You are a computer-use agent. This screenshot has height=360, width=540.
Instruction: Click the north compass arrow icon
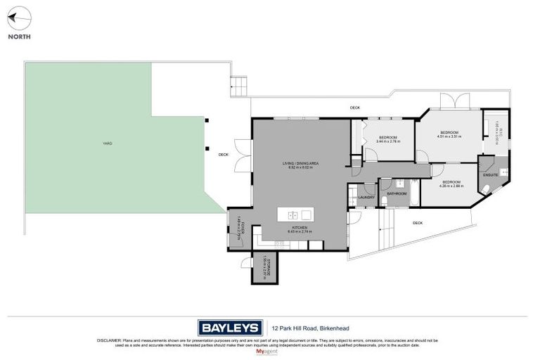(x=19, y=17)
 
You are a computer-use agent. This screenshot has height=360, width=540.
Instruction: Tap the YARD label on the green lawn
(x=107, y=143)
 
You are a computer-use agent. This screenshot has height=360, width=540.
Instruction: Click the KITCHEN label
(x=300, y=228)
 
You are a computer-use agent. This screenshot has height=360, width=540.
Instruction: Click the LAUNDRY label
(x=366, y=198)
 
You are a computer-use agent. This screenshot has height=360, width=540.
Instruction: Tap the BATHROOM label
(x=397, y=193)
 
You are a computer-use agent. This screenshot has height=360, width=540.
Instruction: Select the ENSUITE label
(x=490, y=174)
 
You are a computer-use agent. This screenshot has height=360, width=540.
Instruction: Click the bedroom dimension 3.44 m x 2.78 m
(x=388, y=142)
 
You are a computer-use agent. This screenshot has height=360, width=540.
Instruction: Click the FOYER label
(x=239, y=227)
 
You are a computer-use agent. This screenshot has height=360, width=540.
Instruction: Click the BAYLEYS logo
(x=230, y=328)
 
